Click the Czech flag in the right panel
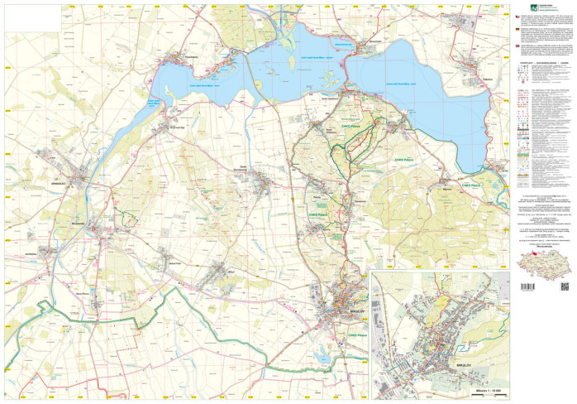(x=517, y=17)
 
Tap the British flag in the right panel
(x=517, y=46)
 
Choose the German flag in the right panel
(x=517, y=31)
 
